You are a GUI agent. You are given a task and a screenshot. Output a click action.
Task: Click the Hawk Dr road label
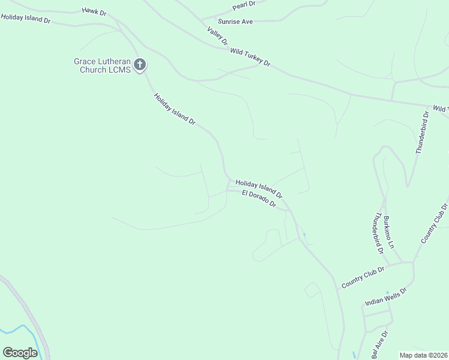95,11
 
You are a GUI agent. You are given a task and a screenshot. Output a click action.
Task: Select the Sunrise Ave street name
235,22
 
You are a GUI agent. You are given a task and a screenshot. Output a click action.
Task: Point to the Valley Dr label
217,36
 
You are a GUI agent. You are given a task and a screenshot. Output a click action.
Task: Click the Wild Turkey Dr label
250,57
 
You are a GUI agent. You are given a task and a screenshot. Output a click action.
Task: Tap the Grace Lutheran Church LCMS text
102,65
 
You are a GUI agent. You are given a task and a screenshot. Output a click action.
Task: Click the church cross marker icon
140,64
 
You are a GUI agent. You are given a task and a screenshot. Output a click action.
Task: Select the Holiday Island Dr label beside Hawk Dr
25,19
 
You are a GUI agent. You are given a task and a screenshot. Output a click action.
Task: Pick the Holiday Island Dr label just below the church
175,109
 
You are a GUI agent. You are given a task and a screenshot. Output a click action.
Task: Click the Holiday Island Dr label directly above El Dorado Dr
259,188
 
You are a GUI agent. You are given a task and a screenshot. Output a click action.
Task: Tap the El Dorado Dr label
259,199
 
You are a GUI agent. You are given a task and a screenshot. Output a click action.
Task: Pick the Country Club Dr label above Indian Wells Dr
363,277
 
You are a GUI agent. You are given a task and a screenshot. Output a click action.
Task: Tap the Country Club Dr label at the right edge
435,223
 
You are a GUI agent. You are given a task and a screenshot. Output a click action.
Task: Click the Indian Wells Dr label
386,296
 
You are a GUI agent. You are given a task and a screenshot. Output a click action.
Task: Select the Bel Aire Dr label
379,344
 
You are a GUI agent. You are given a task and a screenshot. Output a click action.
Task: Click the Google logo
20,352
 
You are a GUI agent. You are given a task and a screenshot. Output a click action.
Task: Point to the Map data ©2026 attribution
424,355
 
